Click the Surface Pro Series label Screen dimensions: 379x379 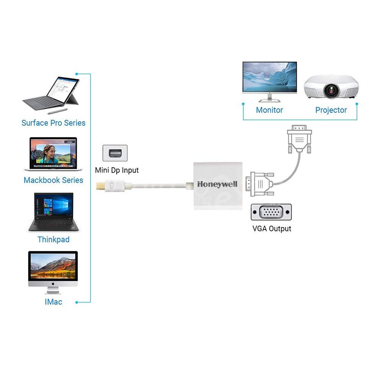tap(53, 123)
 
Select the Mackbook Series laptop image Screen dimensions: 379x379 tap(50, 154)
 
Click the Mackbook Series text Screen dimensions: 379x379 tap(53, 180)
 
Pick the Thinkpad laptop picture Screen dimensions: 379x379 tap(53, 212)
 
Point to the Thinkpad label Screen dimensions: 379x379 tap(53, 240)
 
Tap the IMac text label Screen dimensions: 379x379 tap(53, 302)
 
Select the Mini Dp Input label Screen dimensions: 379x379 tap(117, 170)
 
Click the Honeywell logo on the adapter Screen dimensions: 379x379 tap(217, 184)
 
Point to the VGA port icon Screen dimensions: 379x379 tap(271, 212)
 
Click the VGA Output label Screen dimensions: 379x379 tap(272, 229)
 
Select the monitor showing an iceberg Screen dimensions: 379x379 tap(269, 80)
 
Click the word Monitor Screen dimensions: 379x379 tap(269, 110)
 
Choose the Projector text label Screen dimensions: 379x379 tap(331, 110)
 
